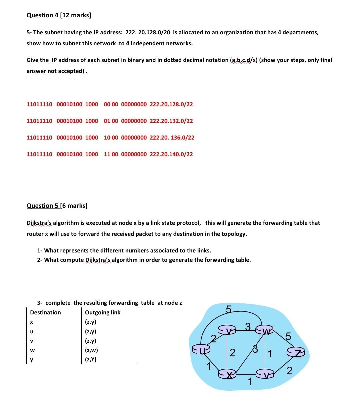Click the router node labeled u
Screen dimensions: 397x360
click(x=201, y=349)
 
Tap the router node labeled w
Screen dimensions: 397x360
click(x=264, y=330)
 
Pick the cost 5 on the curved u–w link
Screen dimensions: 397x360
click(x=228, y=309)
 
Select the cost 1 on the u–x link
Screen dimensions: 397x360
click(x=209, y=367)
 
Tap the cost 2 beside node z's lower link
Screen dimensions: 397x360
click(x=289, y=370)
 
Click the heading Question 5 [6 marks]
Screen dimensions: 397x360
click(x=57, y=206)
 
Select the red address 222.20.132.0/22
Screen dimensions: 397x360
click(x=171, y=121)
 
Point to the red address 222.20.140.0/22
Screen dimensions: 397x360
click(x=171, y=154)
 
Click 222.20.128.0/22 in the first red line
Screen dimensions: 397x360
click(x=171, y=104)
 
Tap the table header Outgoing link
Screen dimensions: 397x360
click(x=103, y=312)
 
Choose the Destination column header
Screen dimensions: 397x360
click(x=46, y=312)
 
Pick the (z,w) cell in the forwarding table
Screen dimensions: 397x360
click(x=92, y=350)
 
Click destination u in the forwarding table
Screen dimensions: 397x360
click(x=32, y=332)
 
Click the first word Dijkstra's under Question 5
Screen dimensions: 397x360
click(x=39, y=223)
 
